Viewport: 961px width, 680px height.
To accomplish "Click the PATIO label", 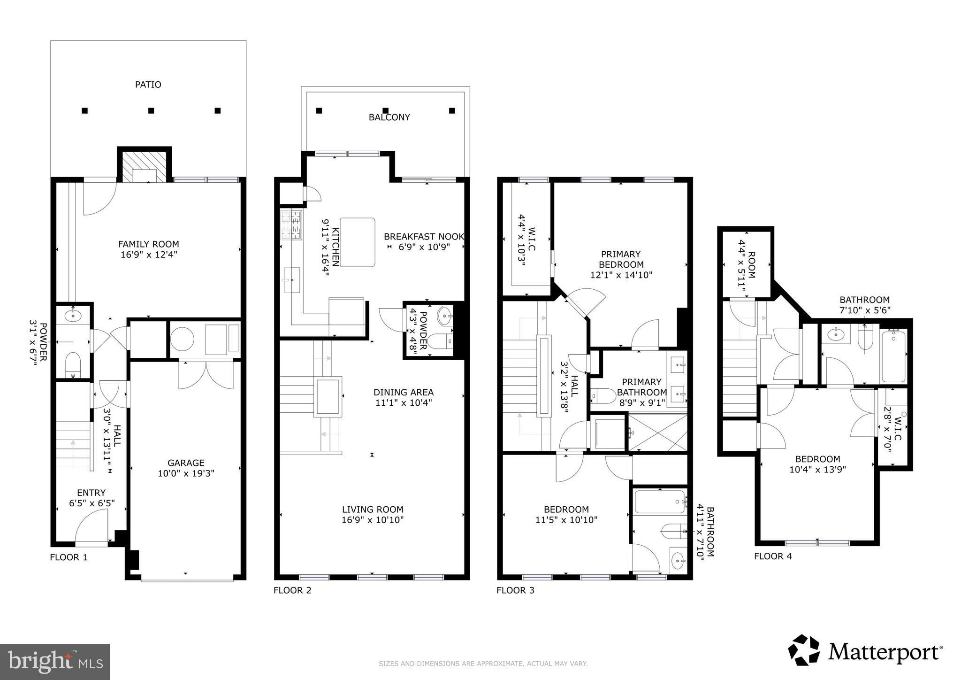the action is pos(148,85).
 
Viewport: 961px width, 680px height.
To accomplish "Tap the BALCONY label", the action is pos(389,117).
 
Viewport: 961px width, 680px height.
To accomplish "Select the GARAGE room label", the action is pos(186,463).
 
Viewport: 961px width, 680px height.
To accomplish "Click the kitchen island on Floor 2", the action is pos(358,242).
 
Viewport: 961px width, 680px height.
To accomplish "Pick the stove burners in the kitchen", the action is pos(291,225).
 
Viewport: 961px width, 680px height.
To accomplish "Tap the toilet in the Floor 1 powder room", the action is pos(73,365).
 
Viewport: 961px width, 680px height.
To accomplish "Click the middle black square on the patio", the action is pos(151,111).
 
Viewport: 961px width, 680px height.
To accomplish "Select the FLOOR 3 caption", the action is pos(515,590).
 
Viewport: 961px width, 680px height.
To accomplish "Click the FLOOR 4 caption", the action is pos(773,556).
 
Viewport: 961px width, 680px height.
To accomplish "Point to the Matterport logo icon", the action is pos(804,650).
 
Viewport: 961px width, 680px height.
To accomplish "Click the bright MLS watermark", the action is pos(55,662).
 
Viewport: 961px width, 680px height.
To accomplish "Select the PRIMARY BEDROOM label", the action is pos(621,259).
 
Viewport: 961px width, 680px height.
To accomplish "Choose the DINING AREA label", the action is pos(404,393).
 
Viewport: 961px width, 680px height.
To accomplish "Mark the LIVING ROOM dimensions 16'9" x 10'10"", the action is pos(373,520).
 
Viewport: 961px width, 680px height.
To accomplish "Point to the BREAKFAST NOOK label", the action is pos(424,237).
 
